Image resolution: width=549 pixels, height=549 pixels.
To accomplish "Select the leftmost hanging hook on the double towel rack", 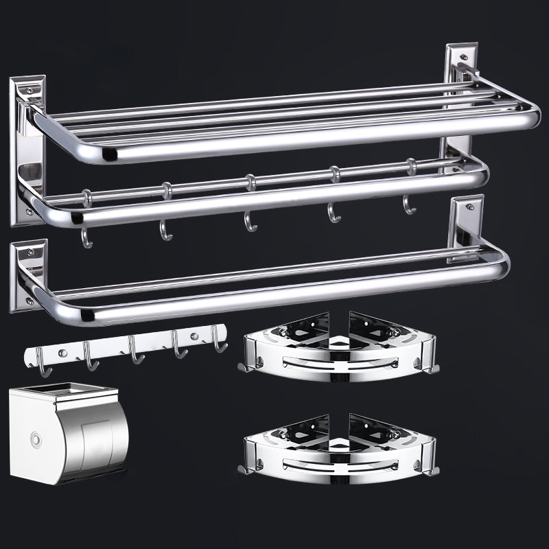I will (86, 233).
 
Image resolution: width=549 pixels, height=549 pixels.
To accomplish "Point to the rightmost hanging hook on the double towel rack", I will (410, 204).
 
